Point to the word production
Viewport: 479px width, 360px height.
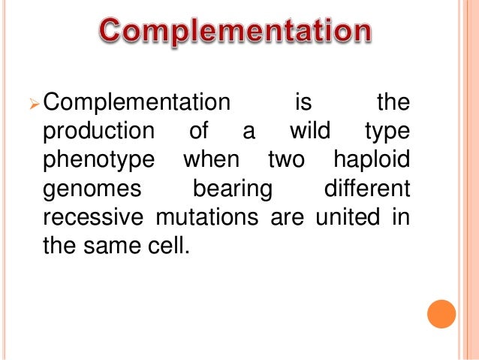tap(96, 132)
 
